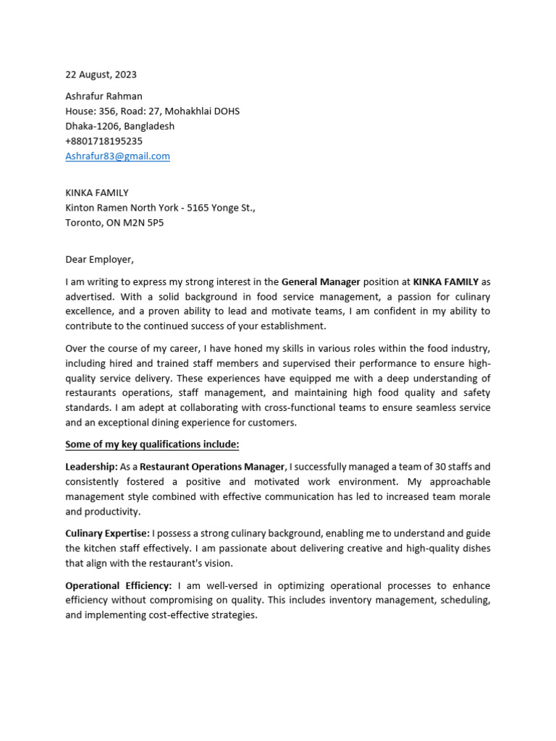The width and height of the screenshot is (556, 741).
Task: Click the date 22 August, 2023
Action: (101, 75)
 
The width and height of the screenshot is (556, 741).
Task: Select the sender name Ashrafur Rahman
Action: (104, 96)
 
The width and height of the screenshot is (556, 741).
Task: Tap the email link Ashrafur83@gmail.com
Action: (117, 156)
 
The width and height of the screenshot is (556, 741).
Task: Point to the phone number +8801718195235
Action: (104, 141)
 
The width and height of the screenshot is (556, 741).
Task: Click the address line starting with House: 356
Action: (152, 111)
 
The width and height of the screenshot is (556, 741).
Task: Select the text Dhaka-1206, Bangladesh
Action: (119, 126)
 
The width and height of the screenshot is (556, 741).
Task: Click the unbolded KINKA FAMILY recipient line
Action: (97, 192)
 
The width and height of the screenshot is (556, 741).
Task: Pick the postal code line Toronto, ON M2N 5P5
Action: (114, 222)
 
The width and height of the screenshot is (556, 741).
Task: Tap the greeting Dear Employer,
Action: (100, 259)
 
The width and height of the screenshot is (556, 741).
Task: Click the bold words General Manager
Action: (321, 281)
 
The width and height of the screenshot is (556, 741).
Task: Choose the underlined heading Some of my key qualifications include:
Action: (152, 444)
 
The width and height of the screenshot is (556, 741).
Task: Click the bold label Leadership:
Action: (92, 467)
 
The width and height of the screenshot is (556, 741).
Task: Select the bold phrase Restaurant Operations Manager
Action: (214, 467)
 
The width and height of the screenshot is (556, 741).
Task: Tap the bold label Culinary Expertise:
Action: (107, 533)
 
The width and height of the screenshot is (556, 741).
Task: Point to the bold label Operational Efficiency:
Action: (119, 585)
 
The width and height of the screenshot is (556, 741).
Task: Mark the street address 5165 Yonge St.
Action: (221, 208)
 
